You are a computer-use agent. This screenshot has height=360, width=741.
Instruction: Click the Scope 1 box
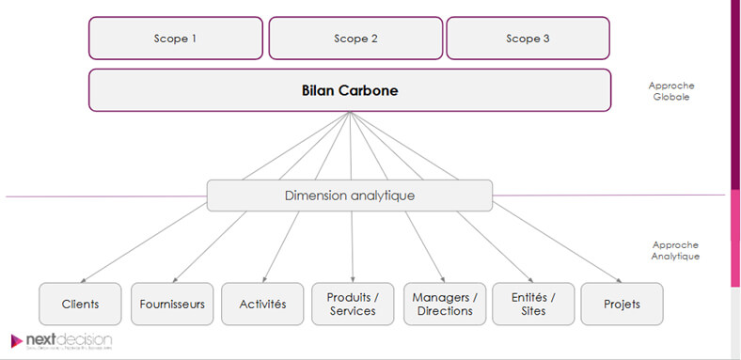pos(176,39)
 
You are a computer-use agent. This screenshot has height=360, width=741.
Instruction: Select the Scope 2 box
pos(355,39)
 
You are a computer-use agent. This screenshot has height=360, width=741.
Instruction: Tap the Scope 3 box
pos(528,39)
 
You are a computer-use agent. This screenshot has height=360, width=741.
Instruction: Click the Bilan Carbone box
pos(350,90)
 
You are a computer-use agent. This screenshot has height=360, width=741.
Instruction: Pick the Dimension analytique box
pos(350,196)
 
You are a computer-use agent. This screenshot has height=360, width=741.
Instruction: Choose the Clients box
pos(81,304)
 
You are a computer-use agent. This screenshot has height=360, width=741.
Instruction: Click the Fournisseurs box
pos(171,304)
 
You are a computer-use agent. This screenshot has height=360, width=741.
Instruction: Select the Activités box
pos(261,304)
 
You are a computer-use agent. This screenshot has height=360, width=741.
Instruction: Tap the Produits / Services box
pos(353,304)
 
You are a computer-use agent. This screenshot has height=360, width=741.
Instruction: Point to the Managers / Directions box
pos(444,304)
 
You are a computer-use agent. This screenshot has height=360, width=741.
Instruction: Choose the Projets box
pos(622,304)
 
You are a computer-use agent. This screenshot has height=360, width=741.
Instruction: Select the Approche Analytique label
pos(674,249)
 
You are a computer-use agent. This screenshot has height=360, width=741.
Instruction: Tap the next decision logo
pos(62,340)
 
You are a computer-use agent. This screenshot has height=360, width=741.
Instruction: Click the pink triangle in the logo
pos(17,340)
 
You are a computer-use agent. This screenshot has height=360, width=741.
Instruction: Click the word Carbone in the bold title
pos(375,90)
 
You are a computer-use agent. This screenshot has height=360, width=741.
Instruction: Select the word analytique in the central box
pos(382,196)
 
